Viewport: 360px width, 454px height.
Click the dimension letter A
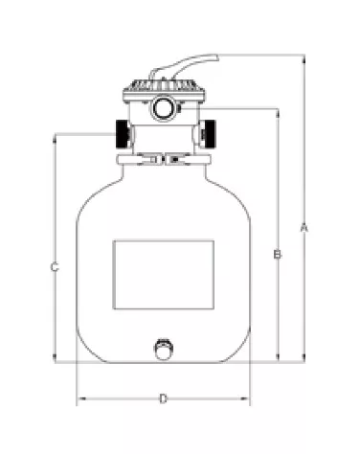point(304,227)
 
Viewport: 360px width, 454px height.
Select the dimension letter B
point(277,254)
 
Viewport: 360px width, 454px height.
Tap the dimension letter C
point(55,268)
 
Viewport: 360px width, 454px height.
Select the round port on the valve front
point(164,107)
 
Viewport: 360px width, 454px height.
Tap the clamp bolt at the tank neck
point(165,158)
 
